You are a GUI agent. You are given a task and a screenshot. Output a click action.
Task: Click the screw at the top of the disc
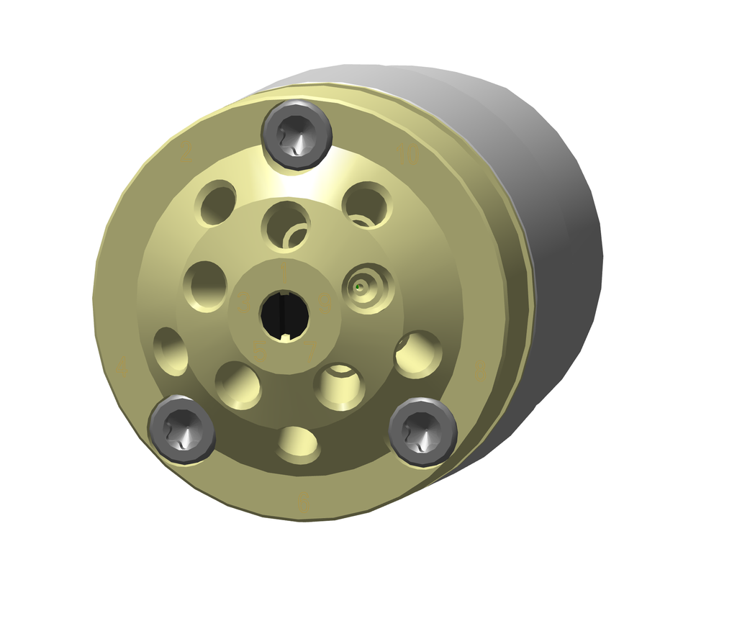tap(297, 135)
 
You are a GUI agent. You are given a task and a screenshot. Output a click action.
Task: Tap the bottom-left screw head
tap(181, 430)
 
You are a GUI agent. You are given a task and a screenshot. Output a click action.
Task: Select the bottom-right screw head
tap(422, 431)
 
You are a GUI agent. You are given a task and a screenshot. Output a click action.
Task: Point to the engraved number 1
tap(284, 272)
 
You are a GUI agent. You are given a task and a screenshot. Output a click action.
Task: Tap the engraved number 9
tap(324, 305)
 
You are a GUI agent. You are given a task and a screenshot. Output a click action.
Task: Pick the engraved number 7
tap(310, 350)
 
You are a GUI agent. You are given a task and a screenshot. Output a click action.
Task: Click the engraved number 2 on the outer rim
tap(186, 152)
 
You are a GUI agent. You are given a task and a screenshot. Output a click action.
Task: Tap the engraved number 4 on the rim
tap(122, 369)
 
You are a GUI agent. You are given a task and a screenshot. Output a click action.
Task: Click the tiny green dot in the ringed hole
tap(358, 288)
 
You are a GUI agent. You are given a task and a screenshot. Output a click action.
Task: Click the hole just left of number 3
tap(205, 285)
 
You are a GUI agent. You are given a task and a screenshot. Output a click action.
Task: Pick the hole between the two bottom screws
tap(299, 444)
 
